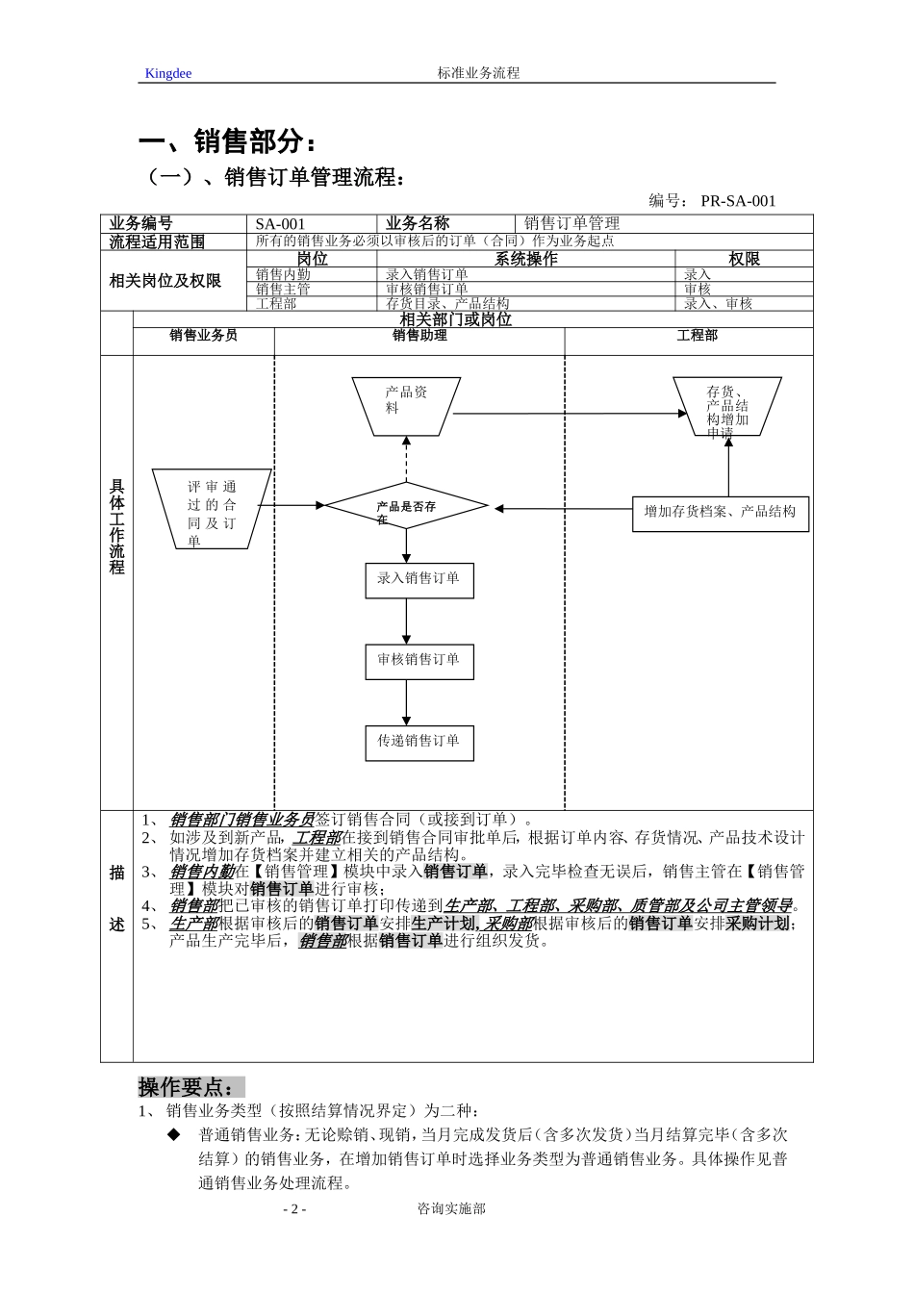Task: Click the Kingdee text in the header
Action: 167,74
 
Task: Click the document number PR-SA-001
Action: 737,201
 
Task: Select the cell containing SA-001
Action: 280,224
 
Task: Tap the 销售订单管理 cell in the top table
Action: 571,224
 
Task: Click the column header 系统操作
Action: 525,259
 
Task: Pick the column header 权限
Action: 743,259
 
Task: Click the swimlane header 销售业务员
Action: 203,336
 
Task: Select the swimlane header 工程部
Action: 697,336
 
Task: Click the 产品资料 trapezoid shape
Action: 405,404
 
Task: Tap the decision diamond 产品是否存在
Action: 406,507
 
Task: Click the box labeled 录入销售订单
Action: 419,579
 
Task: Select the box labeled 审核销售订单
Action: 419,661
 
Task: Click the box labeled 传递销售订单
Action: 419,742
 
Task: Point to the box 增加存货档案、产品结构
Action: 720,513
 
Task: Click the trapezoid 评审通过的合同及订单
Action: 212,509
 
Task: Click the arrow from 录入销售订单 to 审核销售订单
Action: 406,621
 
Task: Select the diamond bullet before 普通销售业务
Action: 174,1135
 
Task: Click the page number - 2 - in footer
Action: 294,1209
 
